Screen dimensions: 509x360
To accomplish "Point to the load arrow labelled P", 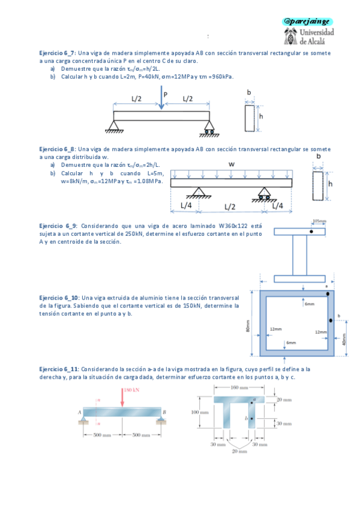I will click(x=161, y=99).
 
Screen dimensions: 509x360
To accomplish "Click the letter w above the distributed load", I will click(x=231, y=164).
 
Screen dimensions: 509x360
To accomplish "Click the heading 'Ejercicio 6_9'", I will click(x=58, y=226).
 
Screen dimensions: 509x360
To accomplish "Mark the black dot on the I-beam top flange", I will click(x=311, y=232).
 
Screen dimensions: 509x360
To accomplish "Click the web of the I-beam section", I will click(x=301, y=255).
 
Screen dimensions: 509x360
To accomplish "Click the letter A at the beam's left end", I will click(x=79, y=412).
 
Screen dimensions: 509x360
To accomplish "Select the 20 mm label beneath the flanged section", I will click(x=238, y=451).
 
